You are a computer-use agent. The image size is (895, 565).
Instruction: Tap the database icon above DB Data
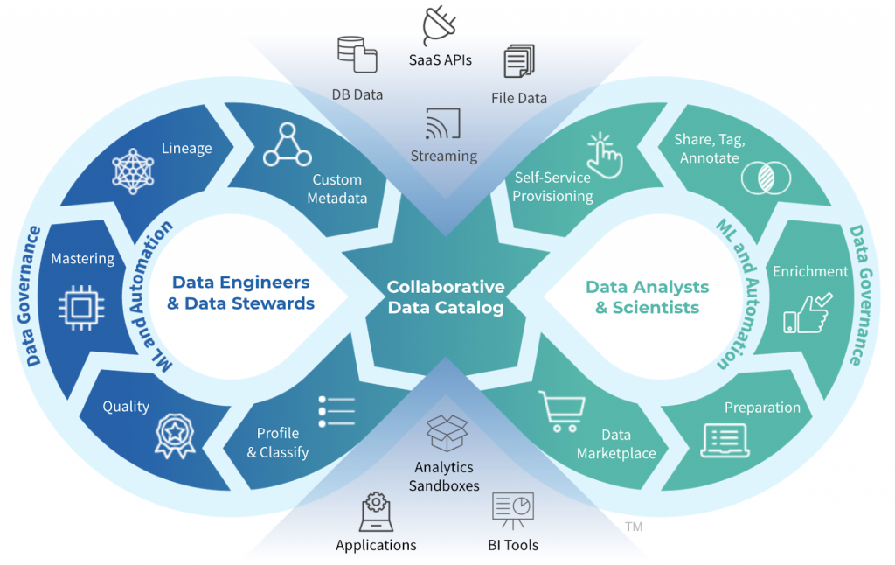(357, 54)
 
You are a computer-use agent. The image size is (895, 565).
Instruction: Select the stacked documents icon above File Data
(518, 64)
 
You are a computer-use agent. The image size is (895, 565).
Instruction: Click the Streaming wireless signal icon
(443, 125)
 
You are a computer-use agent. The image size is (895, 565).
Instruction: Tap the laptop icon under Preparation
(725, 441)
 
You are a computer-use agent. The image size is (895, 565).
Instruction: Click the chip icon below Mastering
(81, 305)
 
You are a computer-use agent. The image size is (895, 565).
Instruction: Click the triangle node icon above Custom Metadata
(288, 145)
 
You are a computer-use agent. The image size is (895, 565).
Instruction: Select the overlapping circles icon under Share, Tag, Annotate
(765, 178)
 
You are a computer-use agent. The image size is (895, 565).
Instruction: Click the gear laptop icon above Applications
(376, 512)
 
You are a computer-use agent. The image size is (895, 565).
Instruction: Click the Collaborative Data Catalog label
(446, 297)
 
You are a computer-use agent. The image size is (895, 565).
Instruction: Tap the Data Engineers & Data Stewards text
(241, 293)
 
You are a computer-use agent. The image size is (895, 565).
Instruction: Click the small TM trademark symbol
(633, 527)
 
